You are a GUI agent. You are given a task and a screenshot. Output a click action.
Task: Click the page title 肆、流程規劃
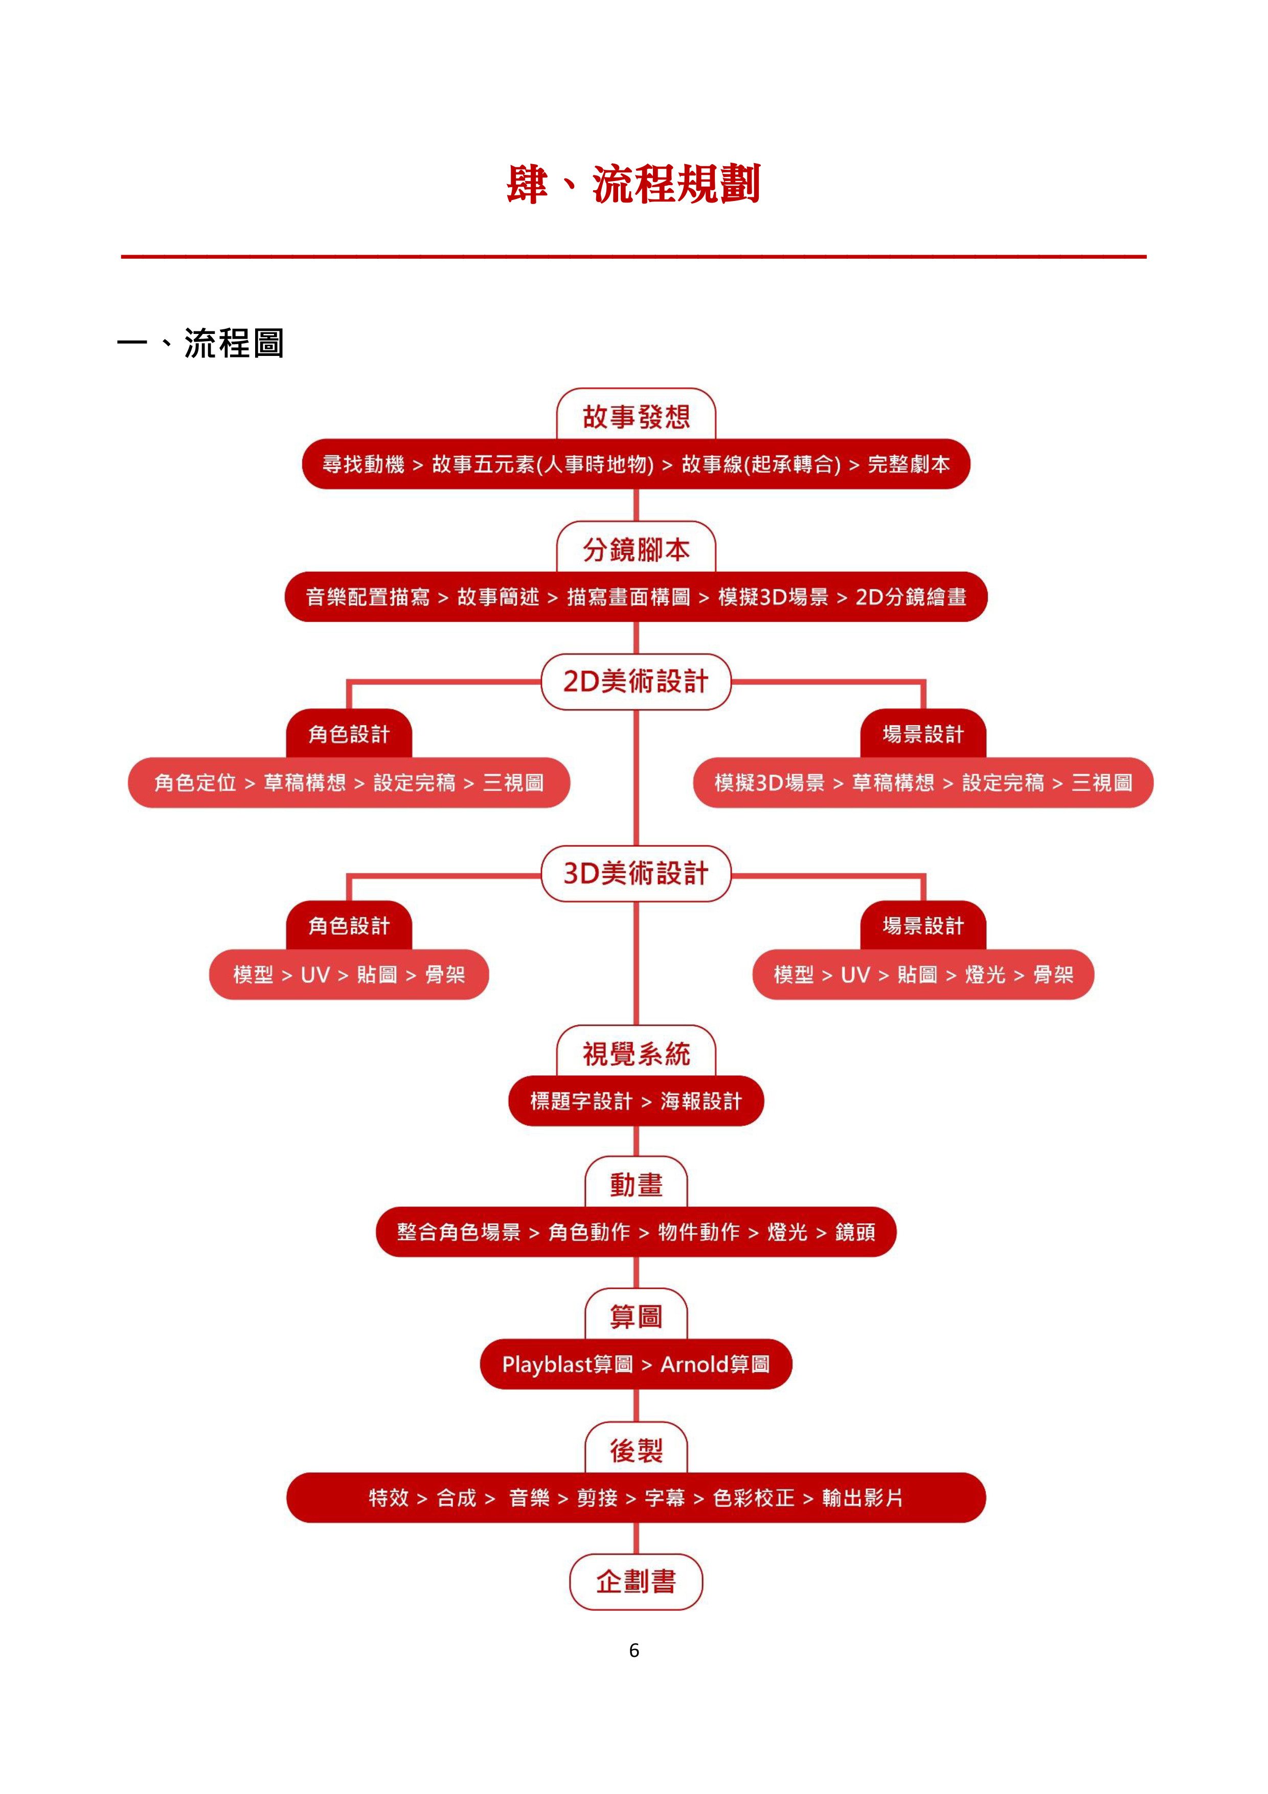click(x=633, y=185)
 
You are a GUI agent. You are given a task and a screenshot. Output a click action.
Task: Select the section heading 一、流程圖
click(x=201, y=343)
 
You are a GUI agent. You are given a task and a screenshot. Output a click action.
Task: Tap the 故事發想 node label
click(x=636, y=416)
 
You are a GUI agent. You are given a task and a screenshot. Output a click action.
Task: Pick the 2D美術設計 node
click(x=636, y=681)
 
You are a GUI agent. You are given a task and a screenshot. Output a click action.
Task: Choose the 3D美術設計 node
click(x=636, y=873)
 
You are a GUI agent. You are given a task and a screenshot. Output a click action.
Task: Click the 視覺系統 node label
click(x=636, y=1053)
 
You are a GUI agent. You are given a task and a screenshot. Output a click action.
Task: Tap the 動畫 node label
click(x=636, y=1184)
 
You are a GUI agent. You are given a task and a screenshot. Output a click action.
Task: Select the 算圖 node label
click(x=636, y=1316)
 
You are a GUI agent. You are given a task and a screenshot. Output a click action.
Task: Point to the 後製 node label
click(x=636, y=1450)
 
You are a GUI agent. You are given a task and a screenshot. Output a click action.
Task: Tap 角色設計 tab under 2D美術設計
click(x=349, y=734)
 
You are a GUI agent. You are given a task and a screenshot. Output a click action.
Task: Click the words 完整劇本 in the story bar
click(x=909, y=464)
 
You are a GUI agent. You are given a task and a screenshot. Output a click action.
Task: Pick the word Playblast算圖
click(x=567, y=1364)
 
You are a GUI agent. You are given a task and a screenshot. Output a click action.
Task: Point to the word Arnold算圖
click(x=715, y=1364)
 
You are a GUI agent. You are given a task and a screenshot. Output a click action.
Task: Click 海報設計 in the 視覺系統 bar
click(x=701, y=1101)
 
